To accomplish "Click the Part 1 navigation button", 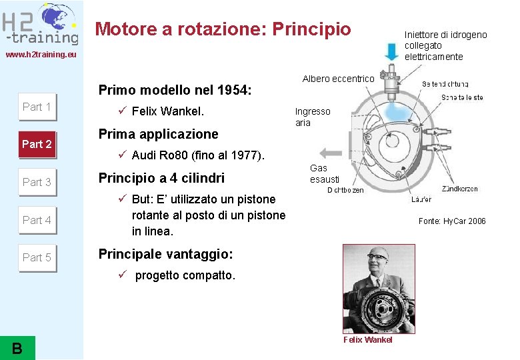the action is [x=37, y=107].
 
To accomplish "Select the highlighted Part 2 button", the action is [x=37, y=144].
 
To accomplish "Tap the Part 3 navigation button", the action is [x=37, y=182].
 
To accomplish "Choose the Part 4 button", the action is [x=37, y=220].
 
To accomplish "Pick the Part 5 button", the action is [x=37, y=257].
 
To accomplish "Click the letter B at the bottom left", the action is [x=17, y=347].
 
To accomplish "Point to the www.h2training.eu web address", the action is [x=41, y=55].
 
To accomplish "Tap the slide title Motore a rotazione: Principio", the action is [x=223, y=29].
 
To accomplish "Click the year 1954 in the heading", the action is [x=237, y=90].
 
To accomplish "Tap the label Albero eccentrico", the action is [x=338, y=79].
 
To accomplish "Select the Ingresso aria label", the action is [x=312, y=117].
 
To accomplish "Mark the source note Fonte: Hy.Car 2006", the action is [x=452, y=221].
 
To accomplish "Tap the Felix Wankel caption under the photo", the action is [x=367, y=340].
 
